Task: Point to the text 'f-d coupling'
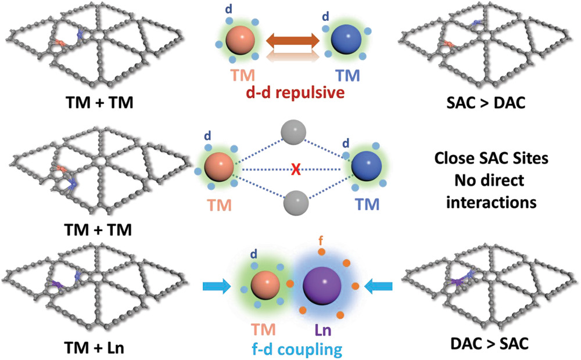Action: tap(296, 350)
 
